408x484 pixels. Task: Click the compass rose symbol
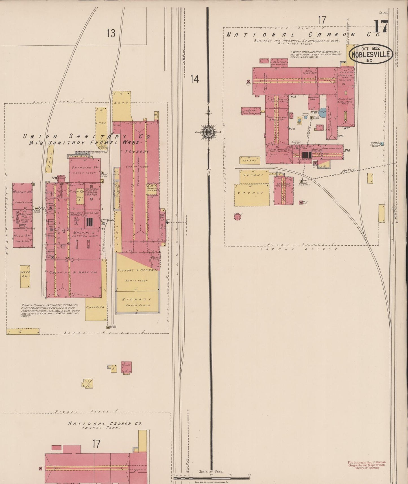[208, 132]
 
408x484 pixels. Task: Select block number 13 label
[111, 34]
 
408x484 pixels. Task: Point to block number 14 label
[195, 79]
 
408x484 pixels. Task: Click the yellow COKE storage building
[101, 123]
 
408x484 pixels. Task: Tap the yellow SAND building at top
[122, 103]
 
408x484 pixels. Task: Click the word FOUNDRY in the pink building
[138, 152]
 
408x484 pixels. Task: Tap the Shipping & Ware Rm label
[73, 272]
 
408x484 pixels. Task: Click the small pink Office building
[126, 367]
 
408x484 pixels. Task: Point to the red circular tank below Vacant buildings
[237, 217]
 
